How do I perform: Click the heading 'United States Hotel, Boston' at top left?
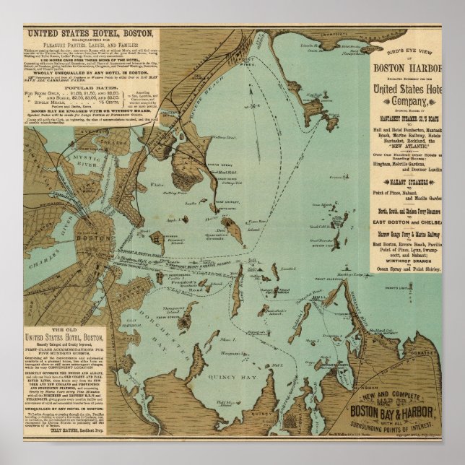click(89, 34)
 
